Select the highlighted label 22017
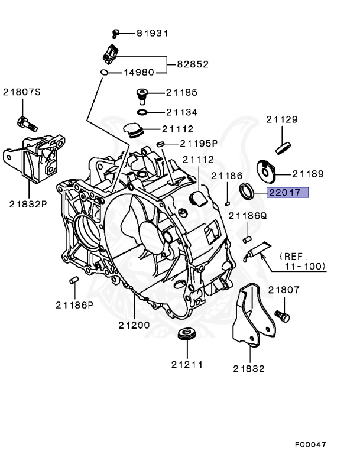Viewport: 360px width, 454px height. [x=286, y=192]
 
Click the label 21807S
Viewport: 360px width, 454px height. [x=22, y=92]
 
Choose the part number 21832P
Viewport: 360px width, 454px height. [x=28, y=204]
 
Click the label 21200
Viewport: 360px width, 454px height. [x=134, y=325]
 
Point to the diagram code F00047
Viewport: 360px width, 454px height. [x=310, y=443]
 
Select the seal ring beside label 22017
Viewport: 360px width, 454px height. [x=247, y=191]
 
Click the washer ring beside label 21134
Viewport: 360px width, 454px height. [x=142, y=112]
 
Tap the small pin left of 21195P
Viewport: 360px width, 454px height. [x=160, y=144]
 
